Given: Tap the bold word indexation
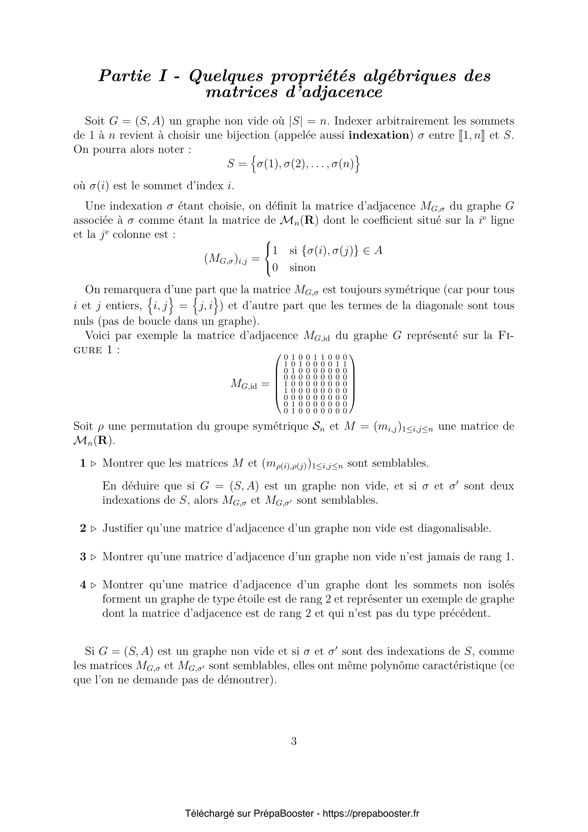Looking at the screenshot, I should pos(378,136).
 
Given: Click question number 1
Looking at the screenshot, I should pos(83,463).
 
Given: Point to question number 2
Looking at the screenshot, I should pos(83,528).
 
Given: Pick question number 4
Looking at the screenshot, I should pos(83,585).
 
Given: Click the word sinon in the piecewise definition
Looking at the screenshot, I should pos(302,268).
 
